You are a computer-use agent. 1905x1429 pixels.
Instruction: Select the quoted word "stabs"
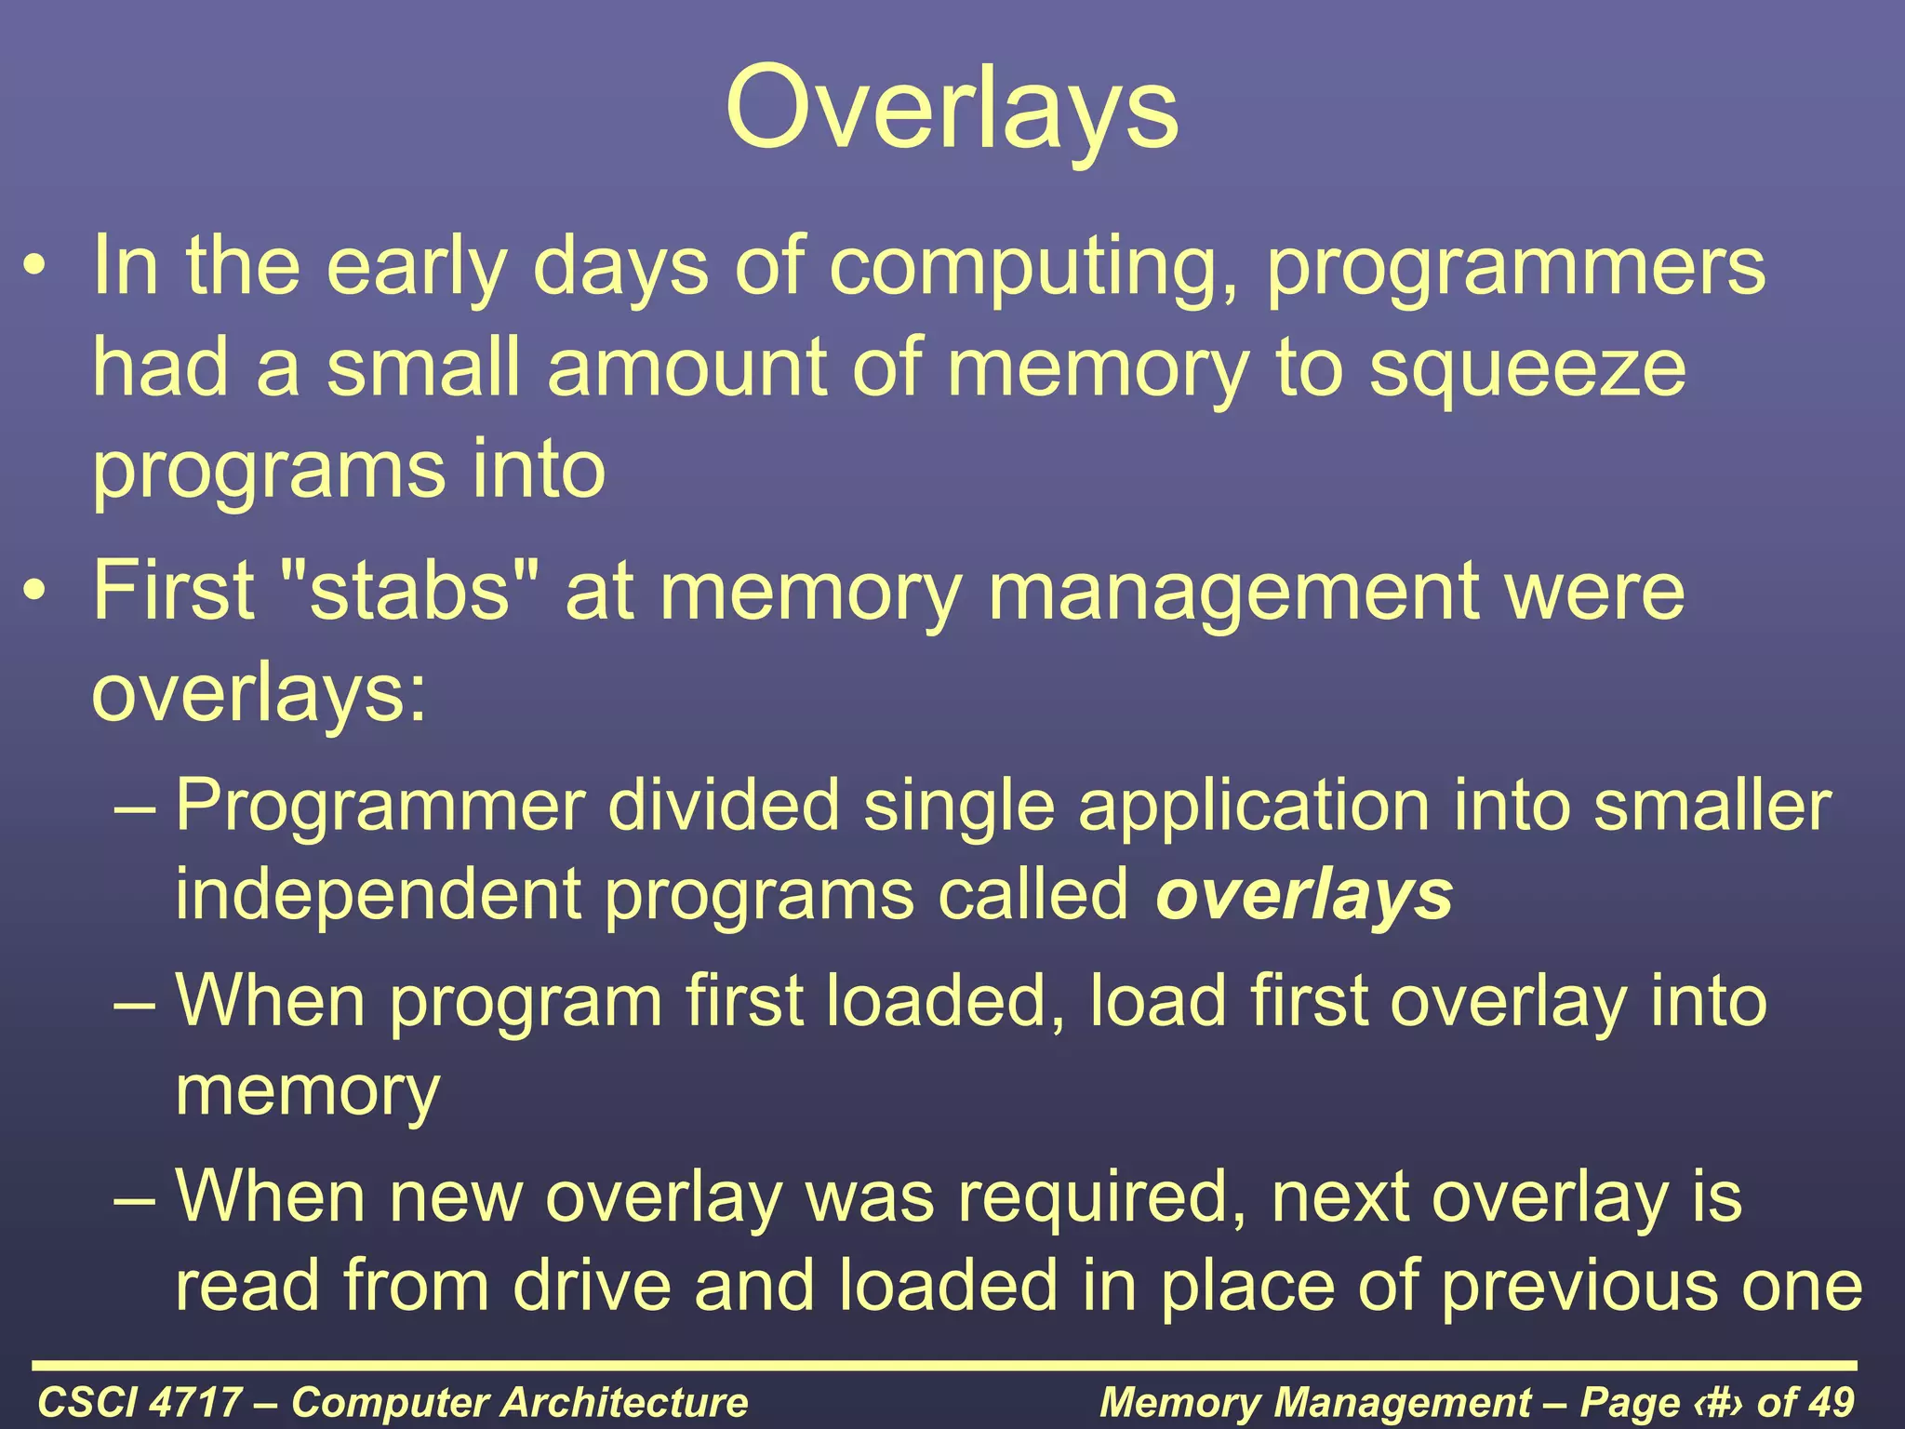pyautogui.click(x=409, y=591)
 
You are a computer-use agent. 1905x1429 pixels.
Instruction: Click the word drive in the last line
pyautogui.click(x=592, y=1286)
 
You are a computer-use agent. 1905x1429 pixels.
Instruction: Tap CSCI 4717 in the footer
pyautogui.click(x=140, y=1402)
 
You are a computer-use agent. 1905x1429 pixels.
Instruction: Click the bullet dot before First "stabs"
pyautogui.click(x=34, y=593)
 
